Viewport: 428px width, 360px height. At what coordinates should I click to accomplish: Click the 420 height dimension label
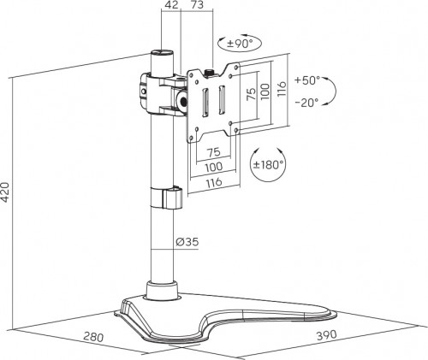tap(6, 192)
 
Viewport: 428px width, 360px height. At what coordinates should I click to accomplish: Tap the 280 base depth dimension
tap(93, 337)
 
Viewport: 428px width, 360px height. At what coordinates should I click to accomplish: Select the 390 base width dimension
tap(327, 335)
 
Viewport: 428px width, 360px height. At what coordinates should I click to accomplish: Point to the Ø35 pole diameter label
tap(187, 242)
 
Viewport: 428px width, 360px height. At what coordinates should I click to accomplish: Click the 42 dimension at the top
tap(171, 4)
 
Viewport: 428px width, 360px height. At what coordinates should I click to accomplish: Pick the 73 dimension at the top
tap(197, 4)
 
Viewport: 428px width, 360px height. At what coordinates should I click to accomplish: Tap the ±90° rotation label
tap(240, 44)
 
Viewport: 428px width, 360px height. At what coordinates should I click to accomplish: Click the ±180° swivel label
tap(268, 164)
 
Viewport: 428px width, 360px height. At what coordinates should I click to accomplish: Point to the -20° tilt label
tap(306, 102)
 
